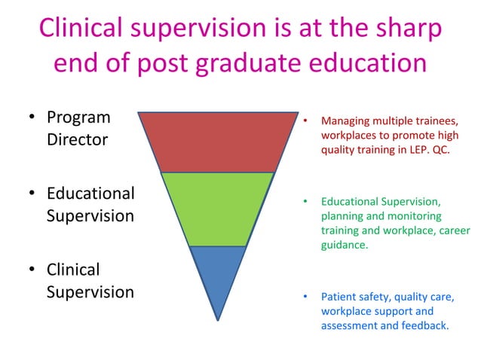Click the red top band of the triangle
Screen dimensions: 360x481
[x=218, y=142]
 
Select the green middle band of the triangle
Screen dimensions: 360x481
[x=218, y=208]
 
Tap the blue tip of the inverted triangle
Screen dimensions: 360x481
[x=218, y=275]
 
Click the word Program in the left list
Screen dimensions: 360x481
[x=78, y=118]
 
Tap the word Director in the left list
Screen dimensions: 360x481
[x=77, y=140]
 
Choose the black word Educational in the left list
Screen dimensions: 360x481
[x=90, y=194]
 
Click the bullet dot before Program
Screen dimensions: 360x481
[x=32, y=118]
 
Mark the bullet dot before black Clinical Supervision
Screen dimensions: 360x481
[x=32, y=270]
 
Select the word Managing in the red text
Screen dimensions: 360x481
[x=344, y=121]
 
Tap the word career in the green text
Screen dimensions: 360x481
[x=452, y=230]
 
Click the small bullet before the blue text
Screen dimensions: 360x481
[x=305, y=297]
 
